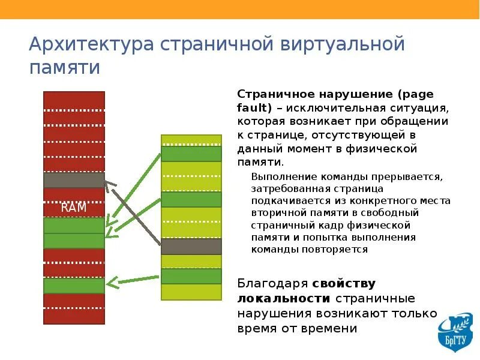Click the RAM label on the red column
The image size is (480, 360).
tap(74, 208)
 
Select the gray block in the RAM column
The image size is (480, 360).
tap(74, 180)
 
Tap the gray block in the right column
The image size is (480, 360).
tap(191, 246)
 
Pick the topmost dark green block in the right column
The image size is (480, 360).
tap(191, 154)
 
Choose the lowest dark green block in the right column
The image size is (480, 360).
tap(191, 276)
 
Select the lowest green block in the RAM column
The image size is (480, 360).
tap(74, 286)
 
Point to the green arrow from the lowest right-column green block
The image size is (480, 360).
tap(134, 279)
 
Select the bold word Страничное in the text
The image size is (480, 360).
tap(274, 94)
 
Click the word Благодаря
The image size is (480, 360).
tap(273, 283)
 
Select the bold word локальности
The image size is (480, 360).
tap(284, 298)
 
